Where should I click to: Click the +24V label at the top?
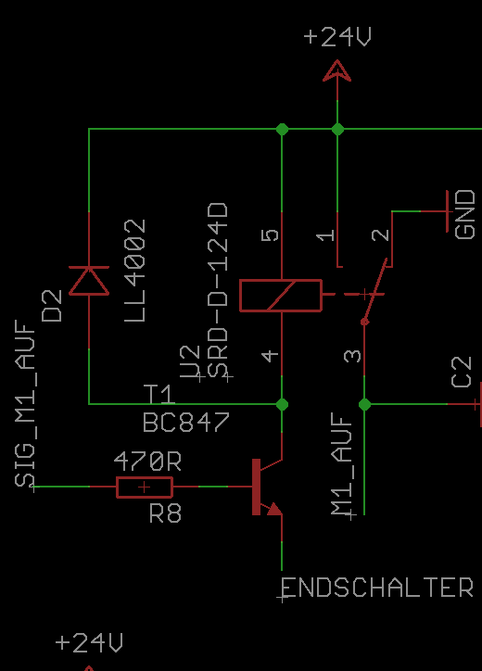pos(337,36)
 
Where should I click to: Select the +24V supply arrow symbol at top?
pos(337,71)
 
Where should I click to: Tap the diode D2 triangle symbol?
pos(89,281)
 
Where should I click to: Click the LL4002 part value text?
pos(135,271)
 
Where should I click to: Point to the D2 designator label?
pos(52,306)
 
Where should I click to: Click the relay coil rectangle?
pos(281,296)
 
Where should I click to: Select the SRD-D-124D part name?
pos(218,290)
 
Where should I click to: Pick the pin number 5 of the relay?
pos(270,234)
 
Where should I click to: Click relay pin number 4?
pos(270,356)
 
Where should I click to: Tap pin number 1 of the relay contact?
pos(325,234)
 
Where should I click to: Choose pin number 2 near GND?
pos(381,234)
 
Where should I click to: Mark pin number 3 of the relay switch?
pos(353,356)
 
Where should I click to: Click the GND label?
pos(465,215)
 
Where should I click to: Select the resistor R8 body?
pos(145,487)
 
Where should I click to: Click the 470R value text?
pos(147,462)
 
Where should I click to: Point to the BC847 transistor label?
pos(186,423)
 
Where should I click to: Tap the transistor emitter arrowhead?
pos(274,509)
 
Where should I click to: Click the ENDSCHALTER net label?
pos(377,588)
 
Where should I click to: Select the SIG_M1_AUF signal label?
pos(26,403)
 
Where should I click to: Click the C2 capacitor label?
pos(462,373)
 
